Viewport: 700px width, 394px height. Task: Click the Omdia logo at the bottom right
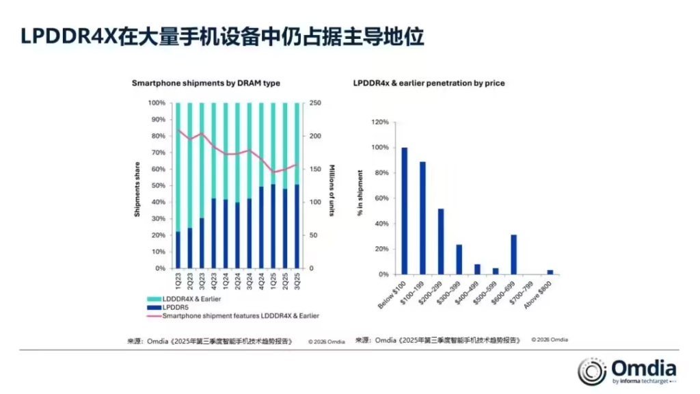click(x=626, y=370)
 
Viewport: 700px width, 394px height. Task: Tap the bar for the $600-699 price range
click(x=514, y=254)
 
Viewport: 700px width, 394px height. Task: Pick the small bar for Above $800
click(x=550, y=272)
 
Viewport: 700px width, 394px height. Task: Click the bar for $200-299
click(x=441, y=241)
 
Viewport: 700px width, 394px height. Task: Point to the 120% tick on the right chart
click(x=380, y=122)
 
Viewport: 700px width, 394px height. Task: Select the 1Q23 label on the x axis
click(x=178, y=281)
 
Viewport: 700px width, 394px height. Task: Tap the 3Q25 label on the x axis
click(x=296, y=281)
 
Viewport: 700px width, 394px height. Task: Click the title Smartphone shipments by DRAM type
click(x=206, y=83)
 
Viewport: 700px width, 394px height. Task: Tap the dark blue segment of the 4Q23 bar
click(x=214, y=233)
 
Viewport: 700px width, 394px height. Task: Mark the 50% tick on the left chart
click(x=157, y=186)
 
